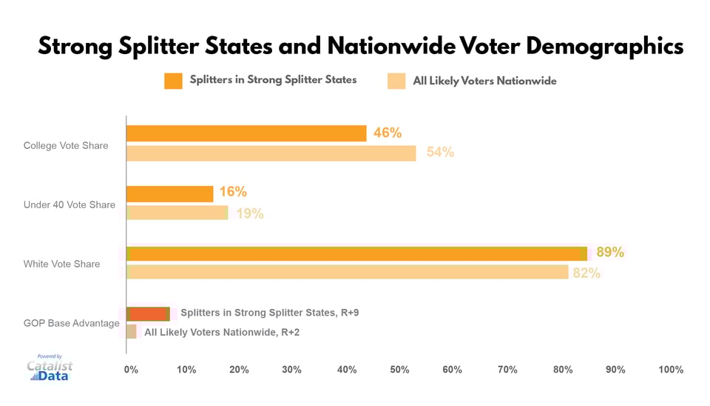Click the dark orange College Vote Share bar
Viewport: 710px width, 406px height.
click(246, 133)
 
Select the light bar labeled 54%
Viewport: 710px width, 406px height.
click(271, 153)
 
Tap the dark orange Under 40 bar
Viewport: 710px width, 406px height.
click(170, 193)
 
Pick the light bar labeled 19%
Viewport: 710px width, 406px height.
click(177, 213)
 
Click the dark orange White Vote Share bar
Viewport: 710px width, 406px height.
click(356, 253)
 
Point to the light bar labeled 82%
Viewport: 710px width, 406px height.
click(348, 272)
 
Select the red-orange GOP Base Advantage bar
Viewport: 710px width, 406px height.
click(148, 313)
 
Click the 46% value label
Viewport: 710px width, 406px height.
click(388, 133)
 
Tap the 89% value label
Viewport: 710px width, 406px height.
click(610, 253)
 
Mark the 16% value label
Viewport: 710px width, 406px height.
click(232, 192)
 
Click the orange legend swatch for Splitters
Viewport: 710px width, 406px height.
click(173, 81)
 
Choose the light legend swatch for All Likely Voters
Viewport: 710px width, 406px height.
click(396, 81)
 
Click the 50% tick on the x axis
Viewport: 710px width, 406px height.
click(400, 369)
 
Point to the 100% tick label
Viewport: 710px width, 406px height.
click(670, 369)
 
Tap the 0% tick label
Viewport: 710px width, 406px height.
click(131, 369)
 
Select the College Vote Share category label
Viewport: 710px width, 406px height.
click(66, 145)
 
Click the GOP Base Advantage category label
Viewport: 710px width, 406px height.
click(71, 323)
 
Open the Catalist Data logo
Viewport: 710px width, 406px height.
click(50, 368)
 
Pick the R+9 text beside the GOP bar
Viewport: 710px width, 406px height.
click(348, 313)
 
